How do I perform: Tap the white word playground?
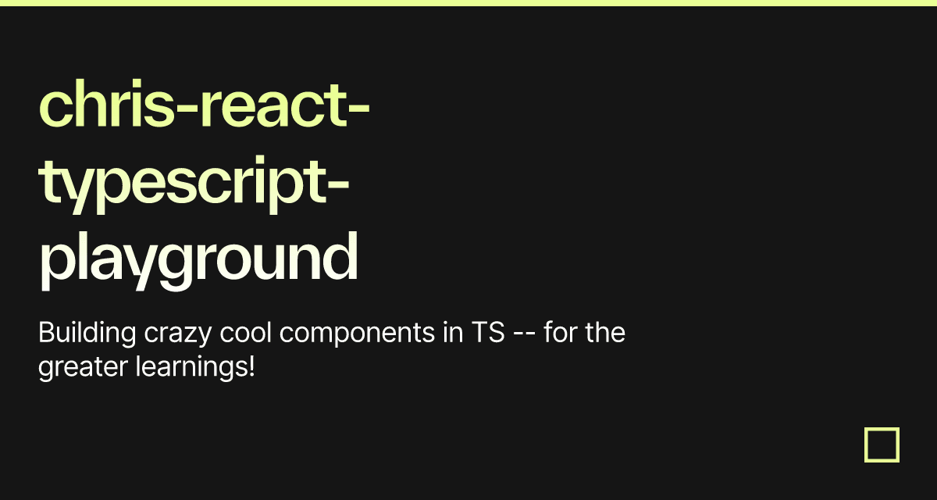click(x=198, y=258)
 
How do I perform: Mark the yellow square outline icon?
click(x=882, y=445)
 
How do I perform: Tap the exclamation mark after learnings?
click(x=251, y=366)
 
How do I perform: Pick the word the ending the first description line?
click(x=606, y=334)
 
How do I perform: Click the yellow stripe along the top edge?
click(x=468, y=2)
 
